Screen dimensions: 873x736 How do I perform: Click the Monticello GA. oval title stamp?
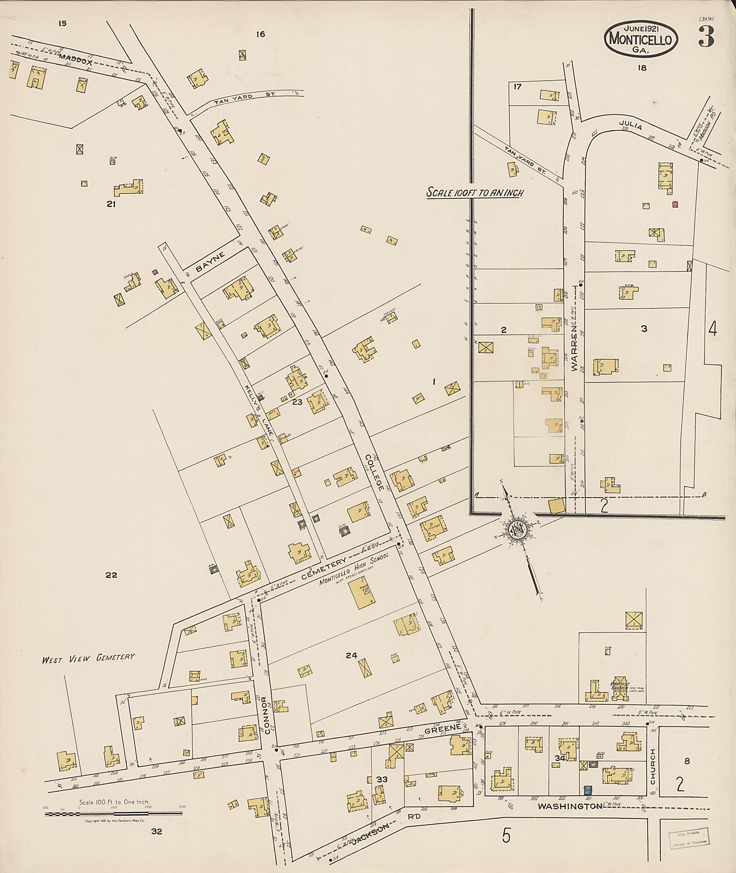[x=640, y=40]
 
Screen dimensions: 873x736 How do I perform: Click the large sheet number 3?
[x=706, y=37]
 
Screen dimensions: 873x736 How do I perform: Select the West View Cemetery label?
[x=88, y=658]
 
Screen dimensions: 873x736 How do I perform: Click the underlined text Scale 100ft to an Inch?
[x=474, y=193]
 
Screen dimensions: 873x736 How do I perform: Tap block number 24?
[x=351, y=655]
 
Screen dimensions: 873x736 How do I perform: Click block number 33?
[x=382, y=779]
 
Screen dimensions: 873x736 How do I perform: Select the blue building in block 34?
[x=588, y=790]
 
